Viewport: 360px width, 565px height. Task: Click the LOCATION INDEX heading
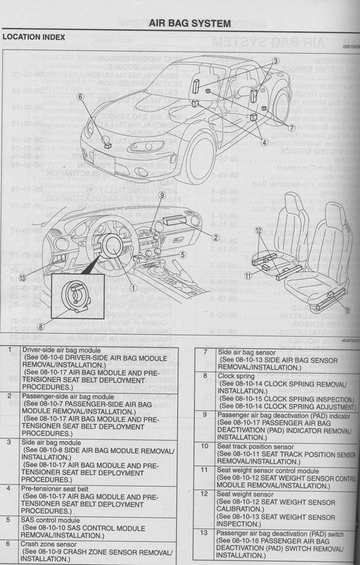click(x=33, y=35)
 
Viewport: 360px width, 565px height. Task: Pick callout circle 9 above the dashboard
click(x=162, y=196)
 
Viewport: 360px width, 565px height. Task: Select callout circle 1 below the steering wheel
click(x=133, y=287)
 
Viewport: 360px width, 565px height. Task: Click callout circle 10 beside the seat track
click(x=347, y=309)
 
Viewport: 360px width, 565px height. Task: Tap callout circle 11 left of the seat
click(x=247, y=278)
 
